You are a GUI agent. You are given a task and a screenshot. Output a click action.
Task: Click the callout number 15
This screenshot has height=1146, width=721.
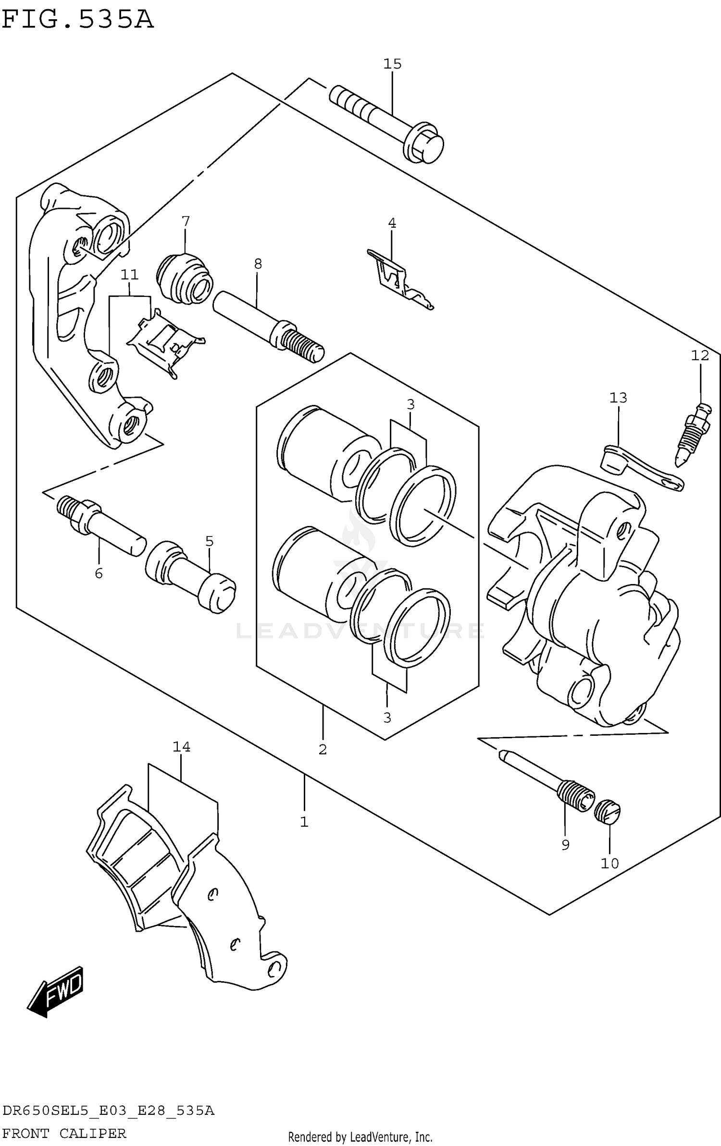pyautogui.click(x=392, y=63)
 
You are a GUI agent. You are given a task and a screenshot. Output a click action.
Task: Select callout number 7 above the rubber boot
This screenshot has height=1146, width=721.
pyautogui.click(x=186, y=221)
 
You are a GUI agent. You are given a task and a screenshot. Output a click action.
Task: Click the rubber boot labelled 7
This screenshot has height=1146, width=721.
pyautogui.click(x=184, y=279)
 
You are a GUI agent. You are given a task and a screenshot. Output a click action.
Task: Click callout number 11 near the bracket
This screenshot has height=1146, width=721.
pyautogui.click(x=129, y=275)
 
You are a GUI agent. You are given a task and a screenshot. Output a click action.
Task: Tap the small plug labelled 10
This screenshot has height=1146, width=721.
pyautogui.click(x=607, y=811)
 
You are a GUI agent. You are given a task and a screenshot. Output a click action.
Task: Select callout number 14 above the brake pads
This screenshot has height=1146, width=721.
pyautogui.click(x=182, y=747)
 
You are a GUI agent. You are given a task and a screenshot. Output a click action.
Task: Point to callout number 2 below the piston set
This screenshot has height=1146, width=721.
pyautogui.click(x=323, y=749)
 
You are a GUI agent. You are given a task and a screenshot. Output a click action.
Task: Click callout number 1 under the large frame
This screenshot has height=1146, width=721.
pyautogui.click(x=304, y=822)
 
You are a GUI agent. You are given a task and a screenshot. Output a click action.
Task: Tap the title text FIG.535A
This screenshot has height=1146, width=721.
pyautogui.click(x=78, y=20)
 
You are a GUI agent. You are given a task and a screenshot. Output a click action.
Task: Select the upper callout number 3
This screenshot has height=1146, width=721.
pyautogui.click(x=410, y=404)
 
